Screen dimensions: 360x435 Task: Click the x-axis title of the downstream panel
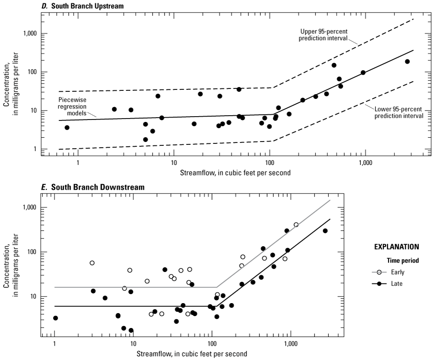click(192, 354)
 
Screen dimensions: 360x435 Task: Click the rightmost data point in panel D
click(407, 62)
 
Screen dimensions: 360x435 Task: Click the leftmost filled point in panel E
click(56, 318)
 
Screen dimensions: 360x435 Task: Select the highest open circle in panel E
click(296, 225)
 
